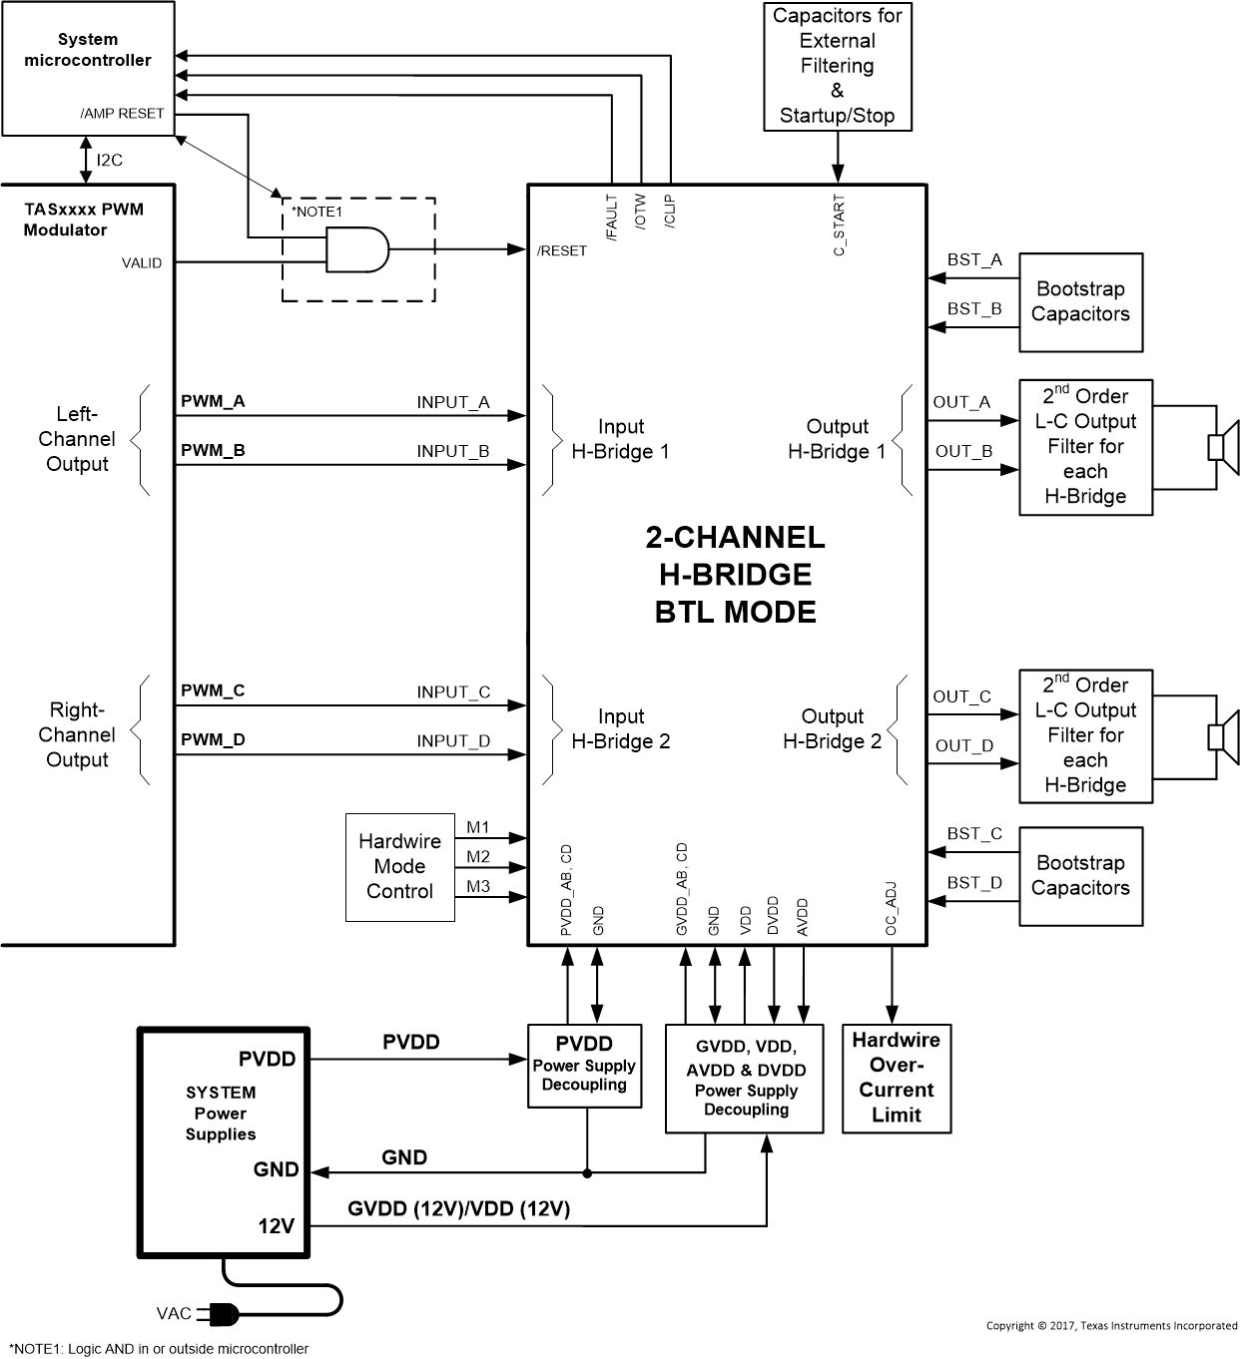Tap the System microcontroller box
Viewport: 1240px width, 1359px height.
click(88, 68)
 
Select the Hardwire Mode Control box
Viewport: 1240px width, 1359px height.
click(399, 866)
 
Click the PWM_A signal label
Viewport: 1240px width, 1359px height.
click(213, 401)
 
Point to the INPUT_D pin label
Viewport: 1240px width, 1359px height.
click(453, 740)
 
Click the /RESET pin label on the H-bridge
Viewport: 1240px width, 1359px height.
click(562, 250)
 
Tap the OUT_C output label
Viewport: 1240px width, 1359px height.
click(961, 696)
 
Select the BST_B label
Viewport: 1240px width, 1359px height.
click(973, 309)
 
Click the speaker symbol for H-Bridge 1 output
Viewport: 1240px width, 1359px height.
click(1223, 446)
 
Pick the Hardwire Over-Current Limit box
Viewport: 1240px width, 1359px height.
click(896, 1078)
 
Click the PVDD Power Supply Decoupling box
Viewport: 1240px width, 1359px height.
click(584, 1065)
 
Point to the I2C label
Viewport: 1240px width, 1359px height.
click(110, 160)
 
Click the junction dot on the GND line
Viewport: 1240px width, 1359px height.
click(587, 1173)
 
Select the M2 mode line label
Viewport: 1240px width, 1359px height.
click(478, 856)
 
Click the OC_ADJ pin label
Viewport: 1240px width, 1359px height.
click(892, 908)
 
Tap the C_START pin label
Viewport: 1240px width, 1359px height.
click(839, 226)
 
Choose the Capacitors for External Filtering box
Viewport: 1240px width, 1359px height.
click(837, 66)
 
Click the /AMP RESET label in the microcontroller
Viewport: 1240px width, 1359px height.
click(122, 114)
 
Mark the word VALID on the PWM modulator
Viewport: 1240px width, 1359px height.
click(142, 263)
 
